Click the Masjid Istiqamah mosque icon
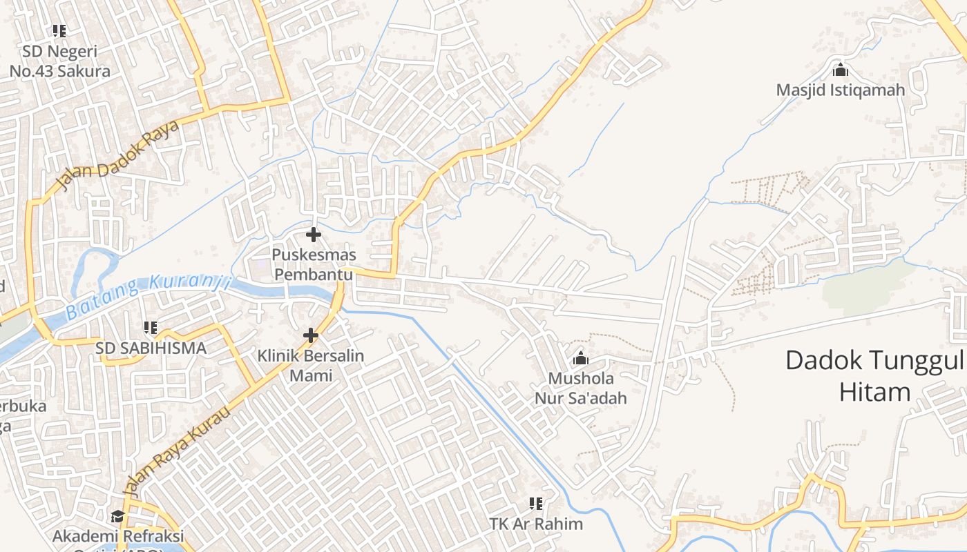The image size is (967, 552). pos(841,70)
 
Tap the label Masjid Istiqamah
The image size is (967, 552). pos(841,90)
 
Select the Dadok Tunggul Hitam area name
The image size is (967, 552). pos(874,376)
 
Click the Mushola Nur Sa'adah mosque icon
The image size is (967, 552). pos(581,358)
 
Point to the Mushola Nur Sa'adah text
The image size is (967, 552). pos(581,388)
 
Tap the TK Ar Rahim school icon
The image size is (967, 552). pos(536,504)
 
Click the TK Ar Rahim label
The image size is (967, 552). pos(536,524)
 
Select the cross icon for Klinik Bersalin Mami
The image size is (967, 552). pos(311,336)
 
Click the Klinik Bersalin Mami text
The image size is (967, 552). pos(311,366)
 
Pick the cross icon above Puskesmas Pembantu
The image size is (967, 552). pos(314,235)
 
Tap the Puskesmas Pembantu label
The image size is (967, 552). pos(314,264)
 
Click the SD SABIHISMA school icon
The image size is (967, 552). pos(151,328)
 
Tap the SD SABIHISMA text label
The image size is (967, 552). pos(151,348)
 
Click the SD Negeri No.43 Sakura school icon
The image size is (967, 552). pos(59,31)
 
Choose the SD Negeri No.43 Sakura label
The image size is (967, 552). pos(59,61)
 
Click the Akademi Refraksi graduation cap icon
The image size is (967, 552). pos(117,517)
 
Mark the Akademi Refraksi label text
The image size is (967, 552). pos(119,536)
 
